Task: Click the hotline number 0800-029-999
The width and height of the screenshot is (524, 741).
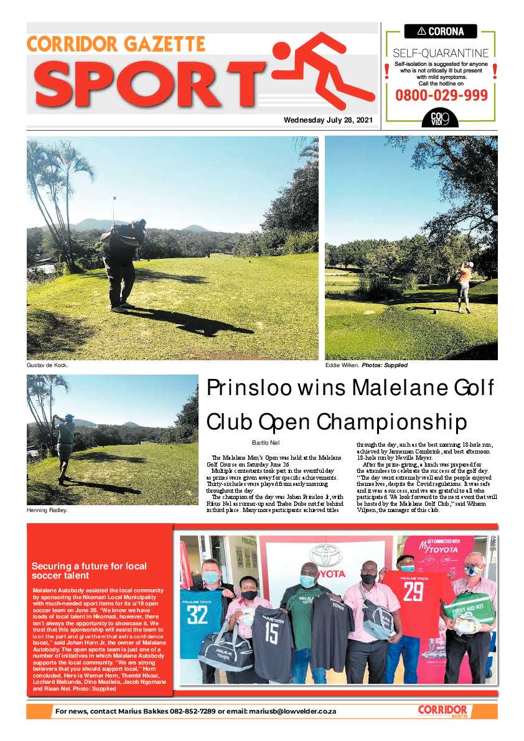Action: [441, 95]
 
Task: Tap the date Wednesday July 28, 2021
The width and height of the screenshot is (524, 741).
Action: [328, 120]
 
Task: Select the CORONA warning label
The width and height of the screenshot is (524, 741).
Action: [441, 31]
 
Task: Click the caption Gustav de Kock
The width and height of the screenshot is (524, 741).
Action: [47, 365]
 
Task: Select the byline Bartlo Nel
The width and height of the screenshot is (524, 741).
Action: [266, 442]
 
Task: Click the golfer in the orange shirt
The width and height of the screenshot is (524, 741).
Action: [463, 286]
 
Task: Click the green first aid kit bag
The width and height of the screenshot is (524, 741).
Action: [469, 608]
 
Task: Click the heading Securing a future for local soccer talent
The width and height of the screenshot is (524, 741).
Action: [89, 571]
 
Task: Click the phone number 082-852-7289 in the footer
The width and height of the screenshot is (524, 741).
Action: [192, 711]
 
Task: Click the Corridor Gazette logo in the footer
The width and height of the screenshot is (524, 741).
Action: [442, 711]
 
